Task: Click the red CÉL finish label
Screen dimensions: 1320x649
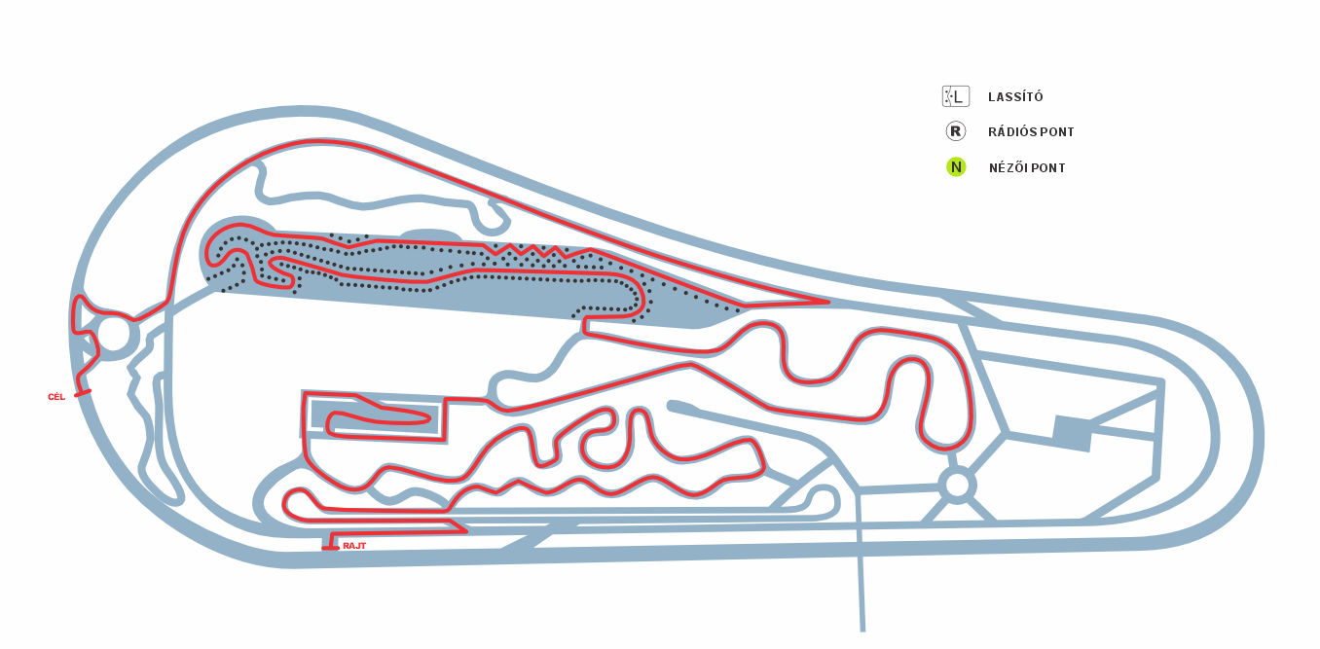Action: (56, 398)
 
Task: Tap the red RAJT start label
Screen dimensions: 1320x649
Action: (354, 547)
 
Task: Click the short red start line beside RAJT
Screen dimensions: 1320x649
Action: (330, 549)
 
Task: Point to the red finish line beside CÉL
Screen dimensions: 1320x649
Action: (83, 393)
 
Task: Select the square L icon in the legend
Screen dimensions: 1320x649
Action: (956, 96)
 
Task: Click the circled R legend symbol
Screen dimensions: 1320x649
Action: (956, 130)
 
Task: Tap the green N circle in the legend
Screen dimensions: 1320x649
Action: (956, 167)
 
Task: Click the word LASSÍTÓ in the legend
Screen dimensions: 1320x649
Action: (1015, 96)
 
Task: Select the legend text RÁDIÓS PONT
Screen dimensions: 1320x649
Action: (1031, 132)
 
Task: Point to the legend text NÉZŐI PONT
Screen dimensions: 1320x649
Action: (1027, 167)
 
